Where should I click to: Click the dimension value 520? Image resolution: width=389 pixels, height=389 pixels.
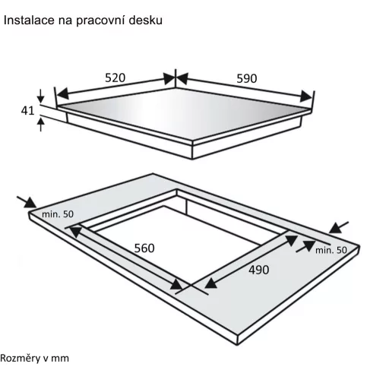pyautogui.click(x=115, y=77)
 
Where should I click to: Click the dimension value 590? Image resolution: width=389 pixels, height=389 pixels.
pyautogui.click(x=247, y=78)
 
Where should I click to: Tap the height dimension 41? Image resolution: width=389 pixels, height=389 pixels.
pyautogui.click(x=27, y=111)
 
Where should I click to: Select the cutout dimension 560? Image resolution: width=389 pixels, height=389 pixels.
pyautogui.click(x=144, y=248)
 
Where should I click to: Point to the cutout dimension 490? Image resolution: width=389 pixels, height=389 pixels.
pyautogui.click(x=259, y=270)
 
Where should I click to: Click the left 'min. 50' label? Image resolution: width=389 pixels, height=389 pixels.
pyautogui.click(x=58, y=214)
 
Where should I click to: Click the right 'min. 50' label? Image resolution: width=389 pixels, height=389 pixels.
pyautogui.click(x=331, y=250)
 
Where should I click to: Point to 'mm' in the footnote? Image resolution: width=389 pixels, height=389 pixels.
pyautogui.click(x=61, y=359)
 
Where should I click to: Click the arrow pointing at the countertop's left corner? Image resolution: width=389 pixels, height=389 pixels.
pyautogui.click(x=27, y=202)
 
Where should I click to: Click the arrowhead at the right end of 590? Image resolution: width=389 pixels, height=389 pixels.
pyautogui.click(x=306, y=96)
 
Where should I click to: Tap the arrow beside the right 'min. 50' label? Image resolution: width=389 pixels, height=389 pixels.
pyautogui.click(x=305, y=246)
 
